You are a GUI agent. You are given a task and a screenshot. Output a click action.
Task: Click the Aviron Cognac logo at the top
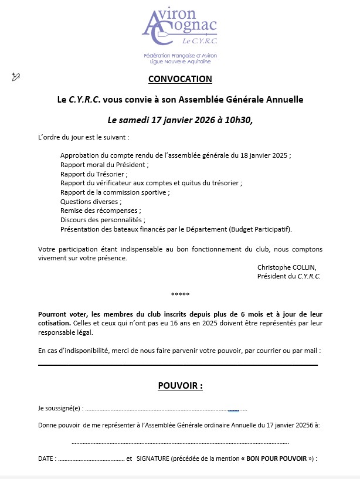179,26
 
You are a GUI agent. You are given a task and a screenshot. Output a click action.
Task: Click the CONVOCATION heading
180,79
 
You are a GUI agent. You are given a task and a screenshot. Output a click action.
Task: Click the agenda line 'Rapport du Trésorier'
93,174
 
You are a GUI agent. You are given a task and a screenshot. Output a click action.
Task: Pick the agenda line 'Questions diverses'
90,201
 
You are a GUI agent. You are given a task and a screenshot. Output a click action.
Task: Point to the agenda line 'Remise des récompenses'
100,210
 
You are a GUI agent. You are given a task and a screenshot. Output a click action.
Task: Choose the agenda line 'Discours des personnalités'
102,219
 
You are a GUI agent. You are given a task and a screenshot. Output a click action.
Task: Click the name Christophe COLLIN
286,267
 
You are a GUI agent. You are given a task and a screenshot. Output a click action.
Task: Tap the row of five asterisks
180,294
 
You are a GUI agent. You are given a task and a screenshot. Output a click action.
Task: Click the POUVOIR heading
180,386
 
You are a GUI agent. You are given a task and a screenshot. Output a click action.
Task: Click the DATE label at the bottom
46,458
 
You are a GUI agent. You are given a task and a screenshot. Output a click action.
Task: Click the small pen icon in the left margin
16,77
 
